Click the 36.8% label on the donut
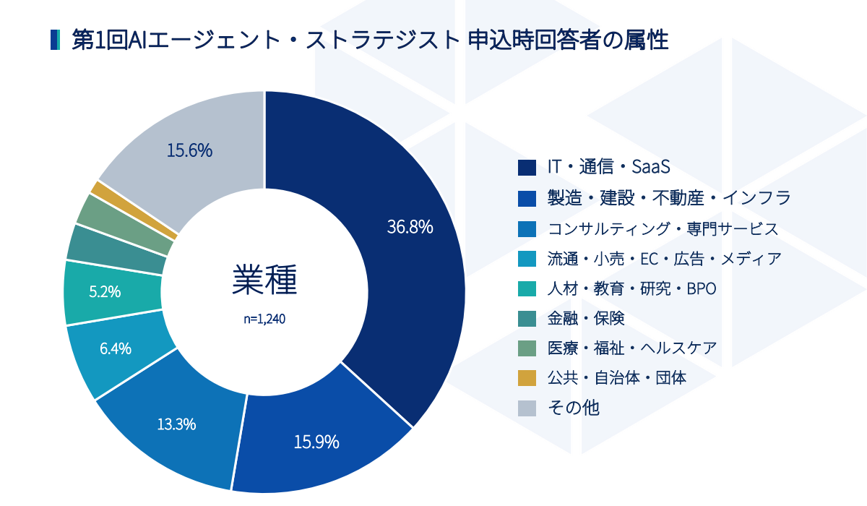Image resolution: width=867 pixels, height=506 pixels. (x=410, y=227)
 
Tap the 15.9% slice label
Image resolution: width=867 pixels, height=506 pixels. (x=316, y=442)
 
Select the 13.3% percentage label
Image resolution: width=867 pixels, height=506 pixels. (x=176, y=424)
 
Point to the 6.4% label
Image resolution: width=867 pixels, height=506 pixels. (x=116, y=348)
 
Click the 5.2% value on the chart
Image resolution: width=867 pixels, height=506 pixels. (x=105, y=291)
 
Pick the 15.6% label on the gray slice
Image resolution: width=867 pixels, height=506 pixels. (x=189, y=150)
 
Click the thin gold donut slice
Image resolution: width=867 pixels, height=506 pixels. (x=134, y=209)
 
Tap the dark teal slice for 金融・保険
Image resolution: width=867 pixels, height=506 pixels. (x=116, y=249)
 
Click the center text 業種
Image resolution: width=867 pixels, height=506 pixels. (x=264, y=280)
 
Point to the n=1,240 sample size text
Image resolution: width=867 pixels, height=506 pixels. (x=264, y=319)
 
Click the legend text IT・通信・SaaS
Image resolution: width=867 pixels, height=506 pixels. (x=608, y=167)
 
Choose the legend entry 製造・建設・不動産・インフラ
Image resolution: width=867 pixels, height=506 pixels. (x=669, y=197)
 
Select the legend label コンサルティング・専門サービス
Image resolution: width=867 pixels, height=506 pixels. (x=663, y=228)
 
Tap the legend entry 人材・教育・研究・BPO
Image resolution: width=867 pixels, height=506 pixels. (x=631, y=289)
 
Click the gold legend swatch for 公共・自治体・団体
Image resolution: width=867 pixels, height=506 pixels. (x=527, y=378)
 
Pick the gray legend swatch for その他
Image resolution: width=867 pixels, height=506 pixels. (x=527, y=408)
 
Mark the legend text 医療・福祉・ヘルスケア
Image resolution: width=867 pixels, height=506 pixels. (x=631, y=348)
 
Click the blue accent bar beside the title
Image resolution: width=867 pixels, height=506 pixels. (x=55, y=40)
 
